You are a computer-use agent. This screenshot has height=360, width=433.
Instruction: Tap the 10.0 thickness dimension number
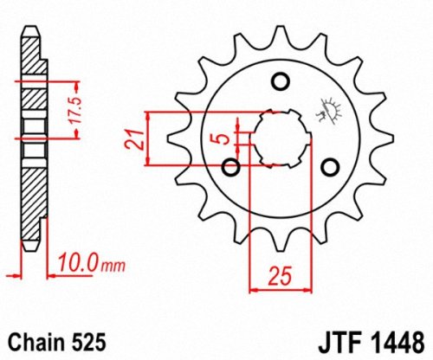74,260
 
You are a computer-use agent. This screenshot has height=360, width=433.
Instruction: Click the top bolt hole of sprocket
280,82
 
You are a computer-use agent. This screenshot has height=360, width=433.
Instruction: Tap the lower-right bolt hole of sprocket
329,167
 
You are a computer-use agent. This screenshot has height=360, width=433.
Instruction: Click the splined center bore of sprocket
279,137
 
